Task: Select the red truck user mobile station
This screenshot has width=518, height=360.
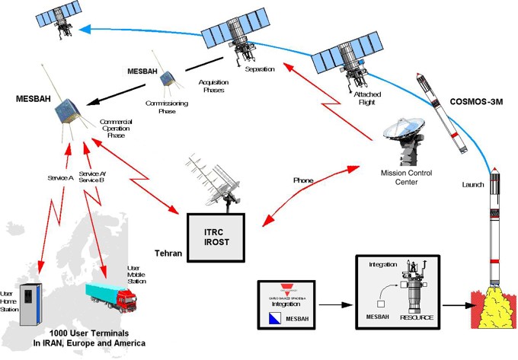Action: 114,293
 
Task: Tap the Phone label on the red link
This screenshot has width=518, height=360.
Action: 303,180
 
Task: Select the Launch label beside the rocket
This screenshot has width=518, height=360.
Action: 473,185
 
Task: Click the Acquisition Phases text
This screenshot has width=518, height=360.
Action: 213,85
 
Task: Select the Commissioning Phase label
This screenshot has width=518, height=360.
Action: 161,106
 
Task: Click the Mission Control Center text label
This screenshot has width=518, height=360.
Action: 406,177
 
